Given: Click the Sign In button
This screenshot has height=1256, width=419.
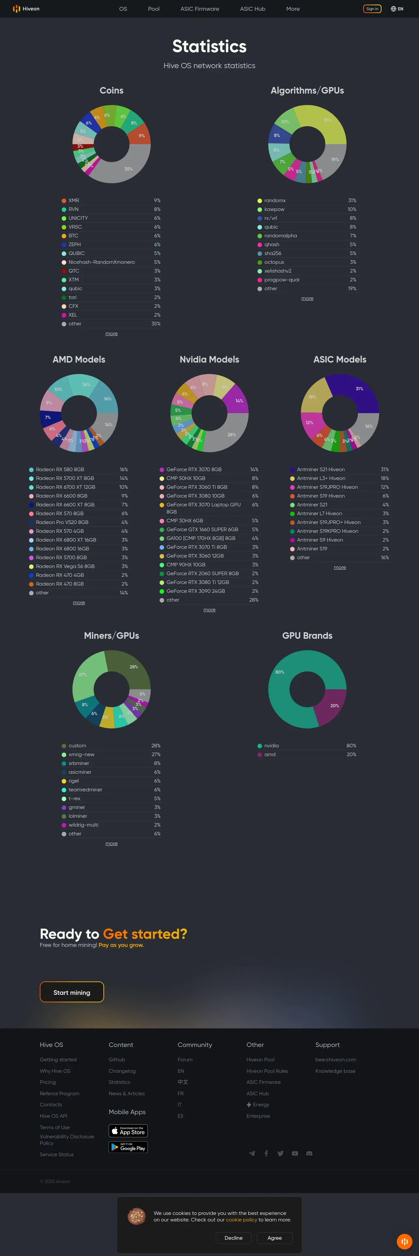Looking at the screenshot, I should [x=372, y=9].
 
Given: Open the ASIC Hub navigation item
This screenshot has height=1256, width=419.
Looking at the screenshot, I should [x=252, y=9].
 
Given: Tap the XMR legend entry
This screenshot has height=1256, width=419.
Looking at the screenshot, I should [x=74, y=201].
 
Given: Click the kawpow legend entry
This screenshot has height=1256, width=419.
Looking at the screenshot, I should [x=274, y=209].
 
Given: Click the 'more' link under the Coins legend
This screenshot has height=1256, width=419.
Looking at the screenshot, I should [x=111, y=334].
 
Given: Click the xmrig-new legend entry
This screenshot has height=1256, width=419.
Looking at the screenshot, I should [x=81, y=754].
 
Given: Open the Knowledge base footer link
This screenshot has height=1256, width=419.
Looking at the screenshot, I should [x=335, y=1071].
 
